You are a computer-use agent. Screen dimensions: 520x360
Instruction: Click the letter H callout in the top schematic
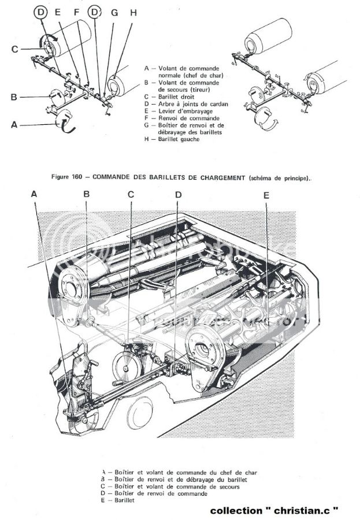(x=133, y=12)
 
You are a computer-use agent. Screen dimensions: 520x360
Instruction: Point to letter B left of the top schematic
(x=13, y=96)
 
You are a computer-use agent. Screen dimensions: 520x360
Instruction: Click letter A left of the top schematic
(x=13, y=124)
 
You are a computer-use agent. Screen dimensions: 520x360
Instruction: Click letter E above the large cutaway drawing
(x=266, y=195)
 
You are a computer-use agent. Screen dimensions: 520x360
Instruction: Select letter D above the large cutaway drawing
(x=178, y=195)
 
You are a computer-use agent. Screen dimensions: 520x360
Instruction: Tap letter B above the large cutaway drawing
(x=86, y=195)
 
